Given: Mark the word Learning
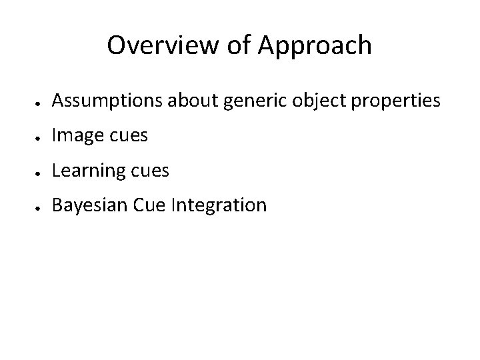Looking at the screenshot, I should point(85,171).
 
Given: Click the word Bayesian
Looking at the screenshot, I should point(89,205).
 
